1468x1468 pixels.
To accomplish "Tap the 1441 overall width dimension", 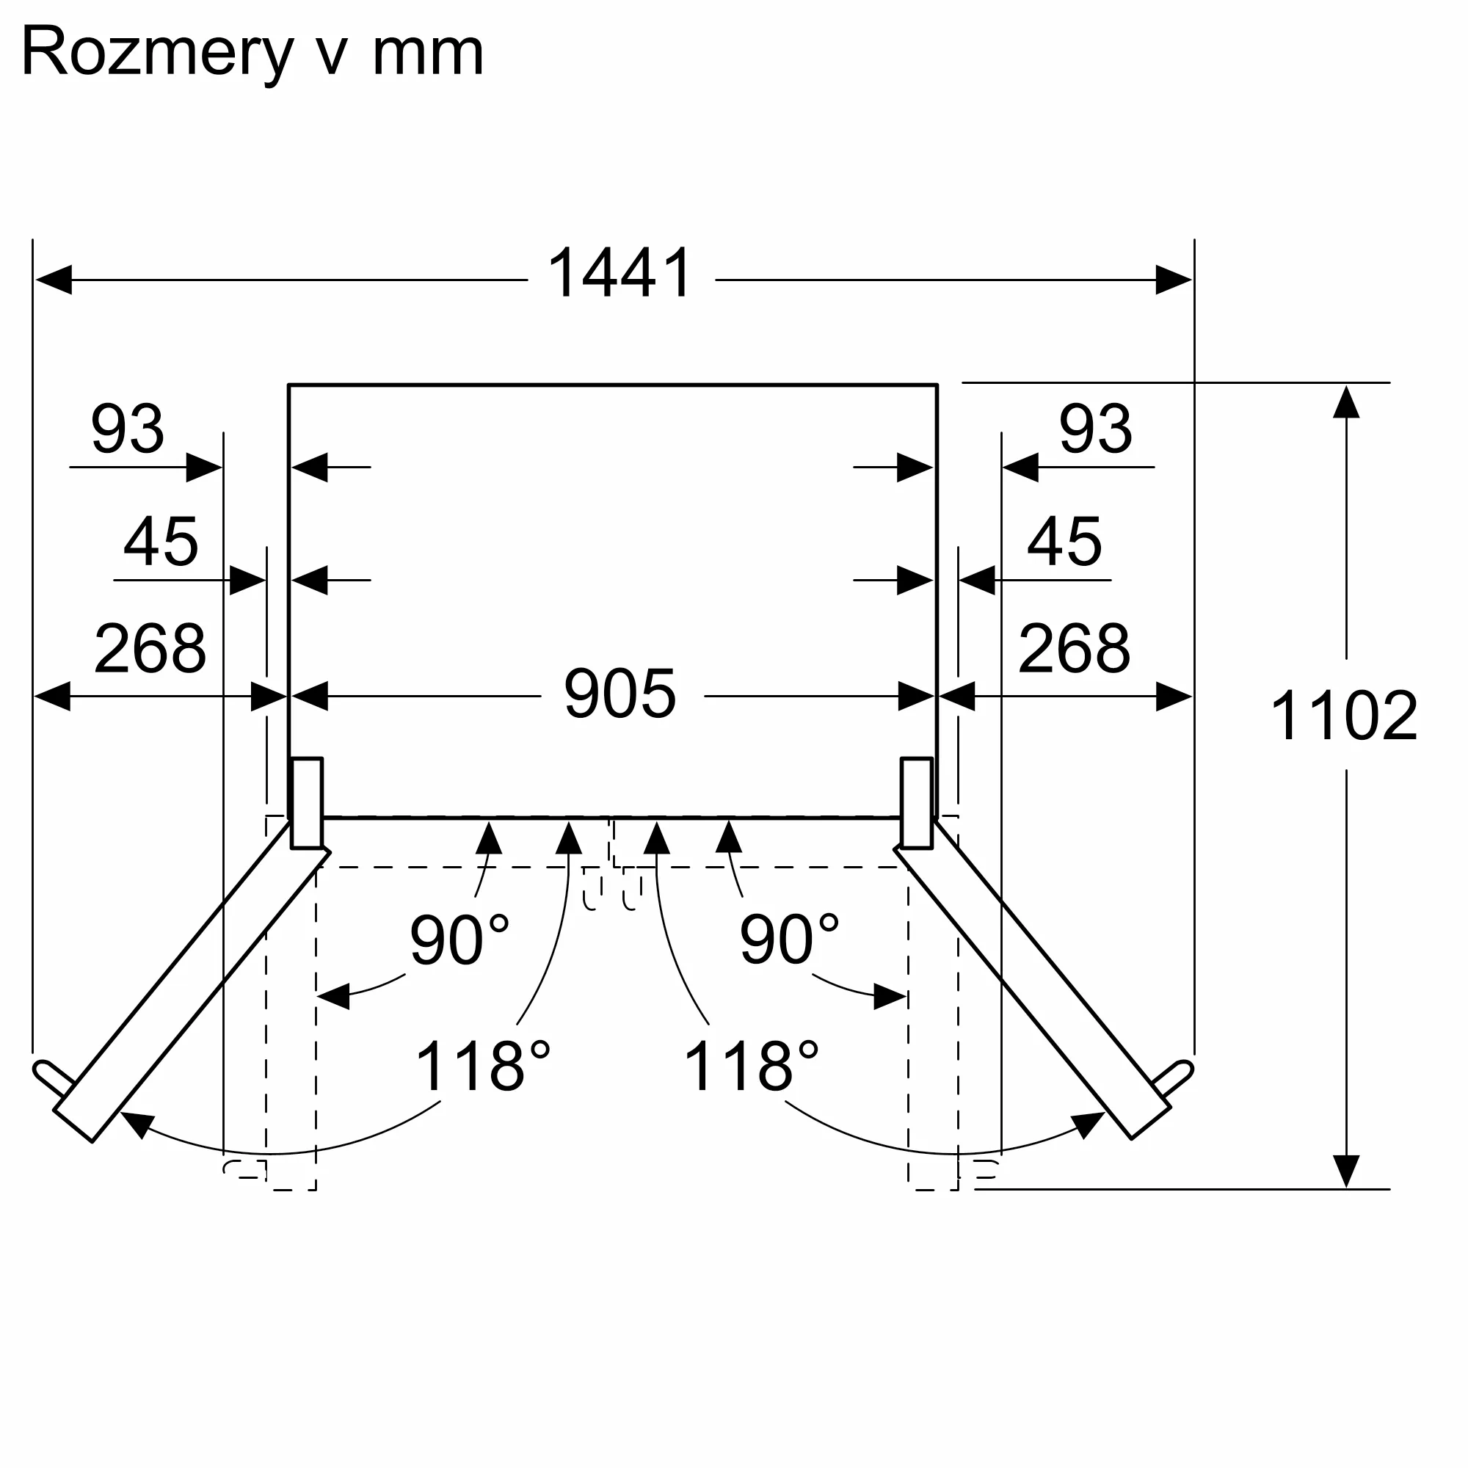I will (x=619, y=274).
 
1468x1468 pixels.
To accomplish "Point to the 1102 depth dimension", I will (x=1343, y=716).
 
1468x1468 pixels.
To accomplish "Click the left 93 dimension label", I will (x=128, y=429).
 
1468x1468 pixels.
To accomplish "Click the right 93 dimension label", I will (x=1095, y=429).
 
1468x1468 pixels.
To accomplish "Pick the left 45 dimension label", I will (x=160, y=542).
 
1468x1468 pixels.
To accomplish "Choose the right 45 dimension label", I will (x=1064, y=542).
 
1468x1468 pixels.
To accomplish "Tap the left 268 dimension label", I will (x=150, y=648).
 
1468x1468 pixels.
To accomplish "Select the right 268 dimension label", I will (x=1074, y=648).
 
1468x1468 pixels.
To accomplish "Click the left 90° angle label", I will (x=459, y=940).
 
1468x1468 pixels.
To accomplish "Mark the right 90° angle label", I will (x=789, y=940).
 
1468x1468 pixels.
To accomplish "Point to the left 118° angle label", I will (x=482, y=1067).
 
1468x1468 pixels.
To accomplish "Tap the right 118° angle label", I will (x=751, y=1067).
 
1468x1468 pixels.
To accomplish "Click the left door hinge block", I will (x=307, y=802).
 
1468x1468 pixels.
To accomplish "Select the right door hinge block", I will (x=916, y=802).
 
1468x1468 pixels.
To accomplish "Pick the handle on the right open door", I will (x=1174, y=1078).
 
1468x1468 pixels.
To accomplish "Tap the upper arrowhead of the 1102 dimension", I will (x=1345, y=402).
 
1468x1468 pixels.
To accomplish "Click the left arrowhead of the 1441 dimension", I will (x=53, y=280).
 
